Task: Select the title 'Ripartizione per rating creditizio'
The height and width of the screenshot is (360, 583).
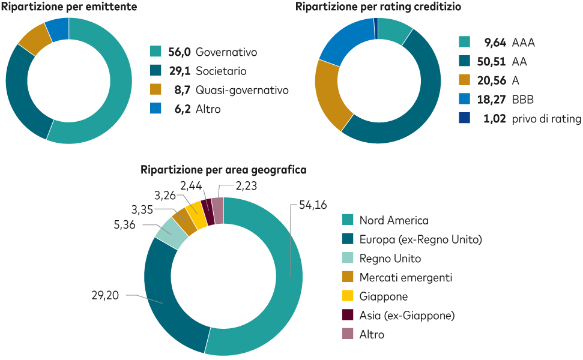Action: coord(378,7)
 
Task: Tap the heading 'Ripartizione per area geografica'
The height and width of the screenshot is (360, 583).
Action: coord(223,170)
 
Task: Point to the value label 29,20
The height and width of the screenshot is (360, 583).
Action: coord(106,296)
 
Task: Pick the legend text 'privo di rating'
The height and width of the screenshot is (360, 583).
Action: coord(546,119)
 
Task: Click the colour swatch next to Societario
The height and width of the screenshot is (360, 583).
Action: coord(156,71)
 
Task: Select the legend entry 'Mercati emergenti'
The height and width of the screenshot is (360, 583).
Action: coord(406,277)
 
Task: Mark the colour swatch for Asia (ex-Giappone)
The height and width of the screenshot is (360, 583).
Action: coord(347,315)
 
